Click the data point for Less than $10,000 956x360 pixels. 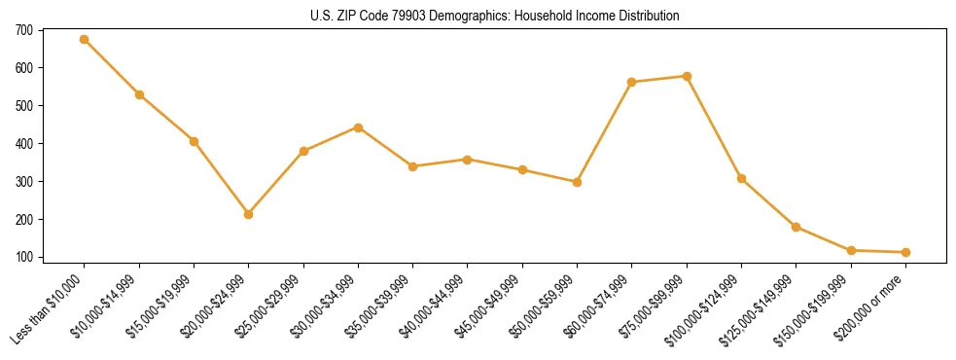click(85, 40)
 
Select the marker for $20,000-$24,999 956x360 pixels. click(249, 214)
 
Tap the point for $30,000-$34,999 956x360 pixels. click(358, 127)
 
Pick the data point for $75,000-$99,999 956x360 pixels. click(687, 76)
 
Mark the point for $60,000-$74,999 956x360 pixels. click(632, 82)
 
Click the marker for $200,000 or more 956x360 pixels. click(905, 252)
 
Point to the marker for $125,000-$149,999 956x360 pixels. click(797, 227)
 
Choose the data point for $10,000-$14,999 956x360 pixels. click(139, 94)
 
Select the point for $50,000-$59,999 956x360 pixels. click(577, 182)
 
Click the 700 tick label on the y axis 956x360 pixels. click(22, 30)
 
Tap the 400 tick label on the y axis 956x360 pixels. click(22, 144)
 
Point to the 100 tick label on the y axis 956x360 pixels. click(22, 258)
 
